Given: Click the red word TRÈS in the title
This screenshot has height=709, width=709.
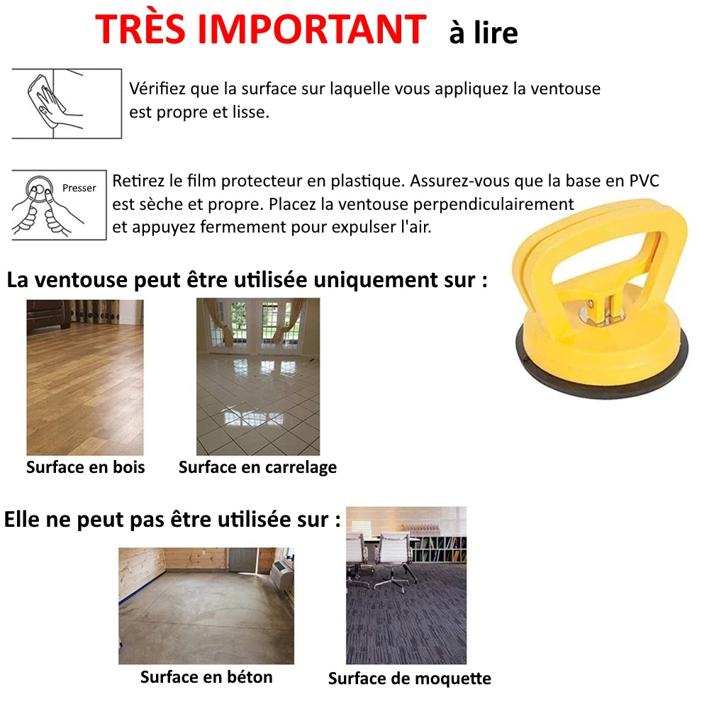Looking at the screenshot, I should [x=145, y=30].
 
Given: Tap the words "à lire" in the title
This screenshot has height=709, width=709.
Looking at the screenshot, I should [x=483, y=33].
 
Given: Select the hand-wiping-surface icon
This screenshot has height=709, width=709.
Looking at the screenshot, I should [x=67, y=104].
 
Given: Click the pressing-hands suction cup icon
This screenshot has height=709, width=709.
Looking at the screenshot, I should [x=58, y=205].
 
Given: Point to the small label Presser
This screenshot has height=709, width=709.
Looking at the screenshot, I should [x=79, y=188].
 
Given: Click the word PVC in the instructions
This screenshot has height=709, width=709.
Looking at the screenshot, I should [x=643, y=181].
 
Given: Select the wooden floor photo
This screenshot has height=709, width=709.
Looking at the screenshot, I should [x=85, y=377].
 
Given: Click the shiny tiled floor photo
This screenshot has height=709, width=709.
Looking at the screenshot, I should [x=258, y=377].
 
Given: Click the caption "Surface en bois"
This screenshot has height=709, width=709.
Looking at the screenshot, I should [x=85, y=467].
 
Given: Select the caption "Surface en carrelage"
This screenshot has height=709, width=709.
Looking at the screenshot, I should [x=257, y=467].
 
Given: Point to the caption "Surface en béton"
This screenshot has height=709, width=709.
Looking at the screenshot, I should [x=206, y=677].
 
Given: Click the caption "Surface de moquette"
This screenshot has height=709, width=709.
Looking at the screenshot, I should [x=409, y=679].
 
